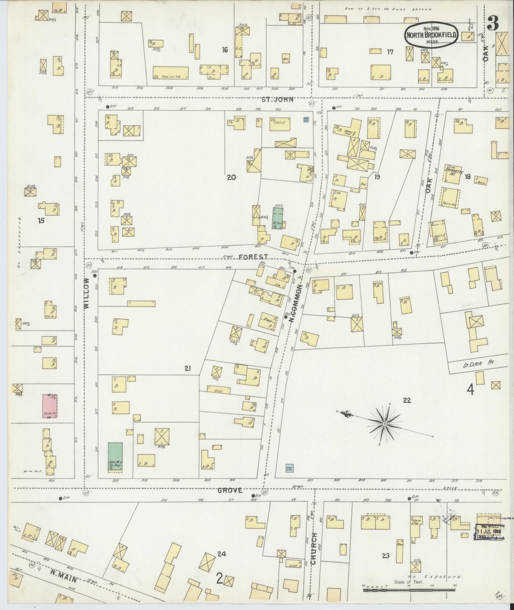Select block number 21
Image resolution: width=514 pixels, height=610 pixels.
coord(188,369)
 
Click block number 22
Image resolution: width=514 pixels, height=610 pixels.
coord(407,400)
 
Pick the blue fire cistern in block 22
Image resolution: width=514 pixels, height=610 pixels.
coord(289,468)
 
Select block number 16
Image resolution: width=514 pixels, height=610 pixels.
coord(225,50)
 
